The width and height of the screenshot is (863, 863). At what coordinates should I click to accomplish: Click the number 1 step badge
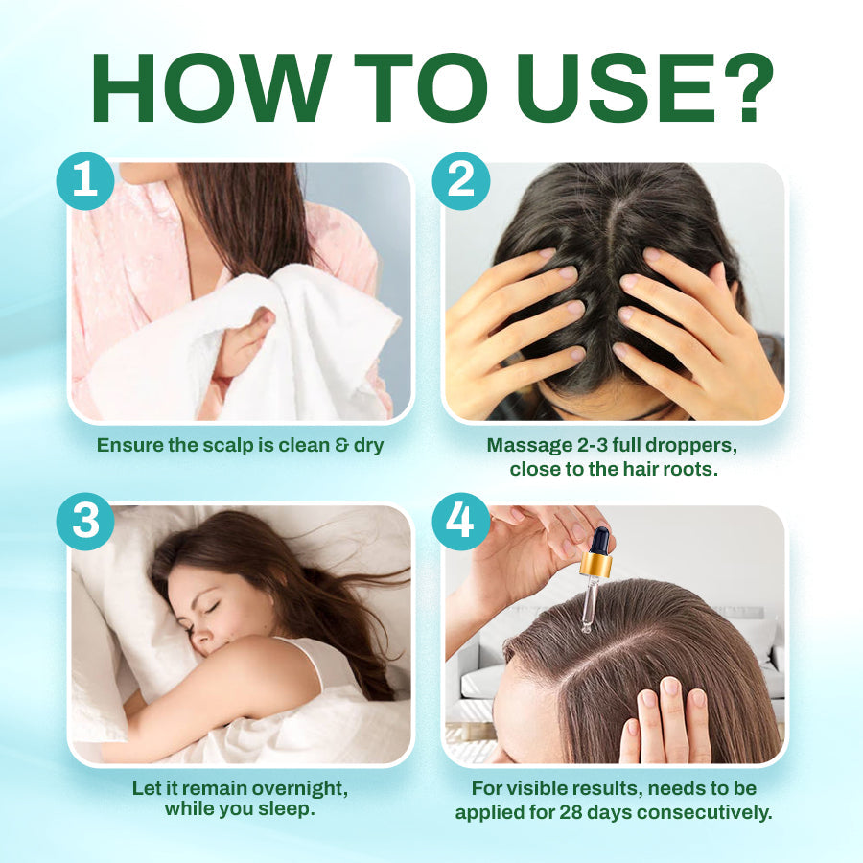[x=84, y=180]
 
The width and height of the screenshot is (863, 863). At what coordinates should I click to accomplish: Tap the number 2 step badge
[x=461, y=180]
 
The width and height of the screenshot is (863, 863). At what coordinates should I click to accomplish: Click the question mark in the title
[x=741, y=89]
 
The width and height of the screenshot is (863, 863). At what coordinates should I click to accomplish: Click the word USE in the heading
[x=610, y=89]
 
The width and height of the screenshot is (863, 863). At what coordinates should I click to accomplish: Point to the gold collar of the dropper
[x=595, y=565]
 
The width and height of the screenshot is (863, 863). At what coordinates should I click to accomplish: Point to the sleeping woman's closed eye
[x=209, y=607]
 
